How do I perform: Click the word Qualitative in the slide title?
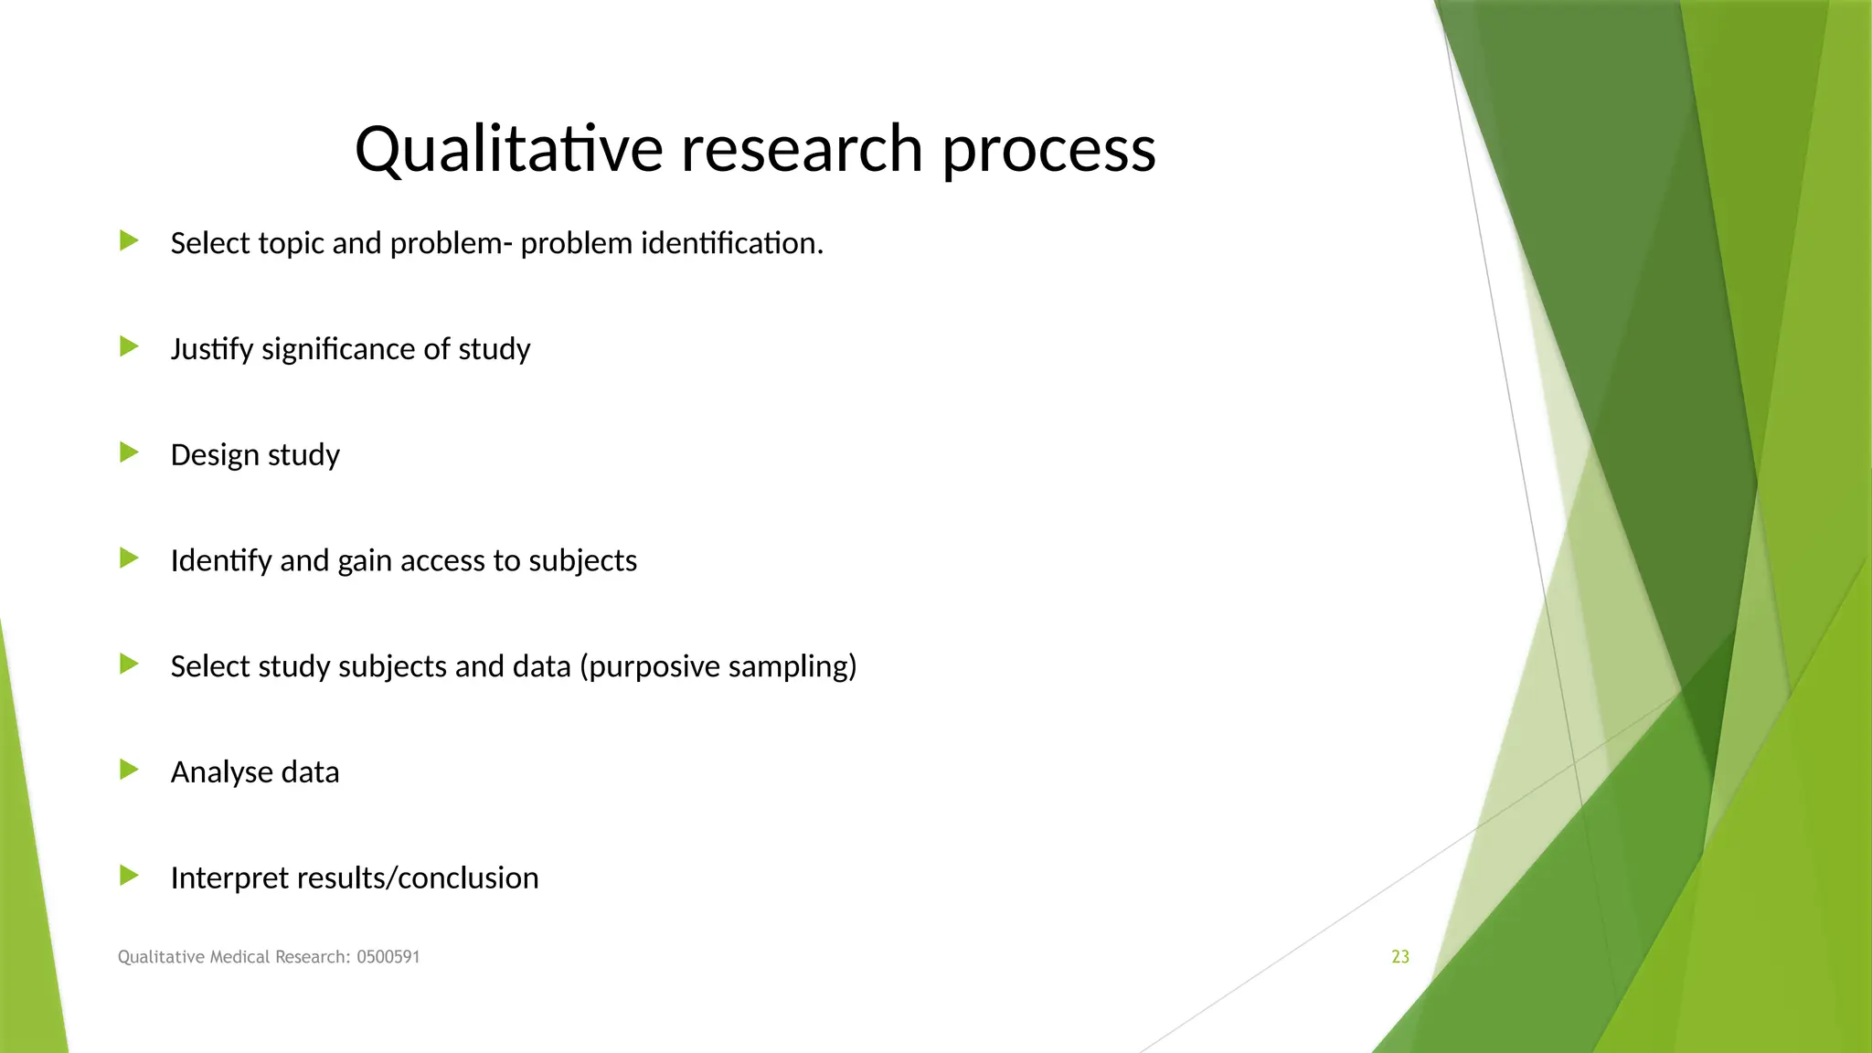(508, 149)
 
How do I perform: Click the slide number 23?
(1399, 957)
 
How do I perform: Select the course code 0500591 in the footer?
(388, 957)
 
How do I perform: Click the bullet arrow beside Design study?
(129, 452)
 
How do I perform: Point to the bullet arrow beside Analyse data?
(129, 770)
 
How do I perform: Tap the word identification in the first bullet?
(731, 243)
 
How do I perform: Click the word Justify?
(211, 349)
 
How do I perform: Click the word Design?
(214, 454)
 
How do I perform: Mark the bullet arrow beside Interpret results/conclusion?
(129, 876)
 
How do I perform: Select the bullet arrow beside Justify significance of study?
(129, 346)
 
